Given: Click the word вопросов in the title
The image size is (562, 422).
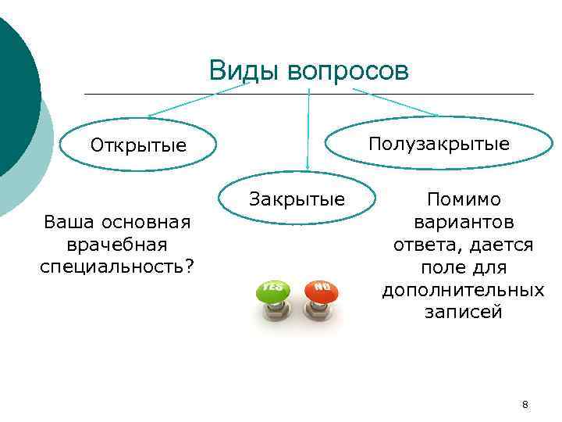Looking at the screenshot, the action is (347, 72).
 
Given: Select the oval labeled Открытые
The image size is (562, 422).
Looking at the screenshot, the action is (139, 146).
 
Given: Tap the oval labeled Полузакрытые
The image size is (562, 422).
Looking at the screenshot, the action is (439, 144).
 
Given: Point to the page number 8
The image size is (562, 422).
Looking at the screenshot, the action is (525, 405).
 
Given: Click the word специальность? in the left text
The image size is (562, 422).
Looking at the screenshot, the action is (117, 267).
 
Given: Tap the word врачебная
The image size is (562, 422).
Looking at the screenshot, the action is (117, 245).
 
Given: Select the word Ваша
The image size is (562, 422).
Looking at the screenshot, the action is (69, 222).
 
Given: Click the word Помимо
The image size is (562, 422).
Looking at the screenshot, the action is (464, 199).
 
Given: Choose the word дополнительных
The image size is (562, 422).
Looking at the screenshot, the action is (464, 290).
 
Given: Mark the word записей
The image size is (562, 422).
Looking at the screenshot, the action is (464, 313).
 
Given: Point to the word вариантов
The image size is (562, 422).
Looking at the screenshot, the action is (464, 222).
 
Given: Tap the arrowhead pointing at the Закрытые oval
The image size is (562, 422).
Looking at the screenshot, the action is (308, 166).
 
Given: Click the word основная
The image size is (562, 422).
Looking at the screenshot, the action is (149, 222).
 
